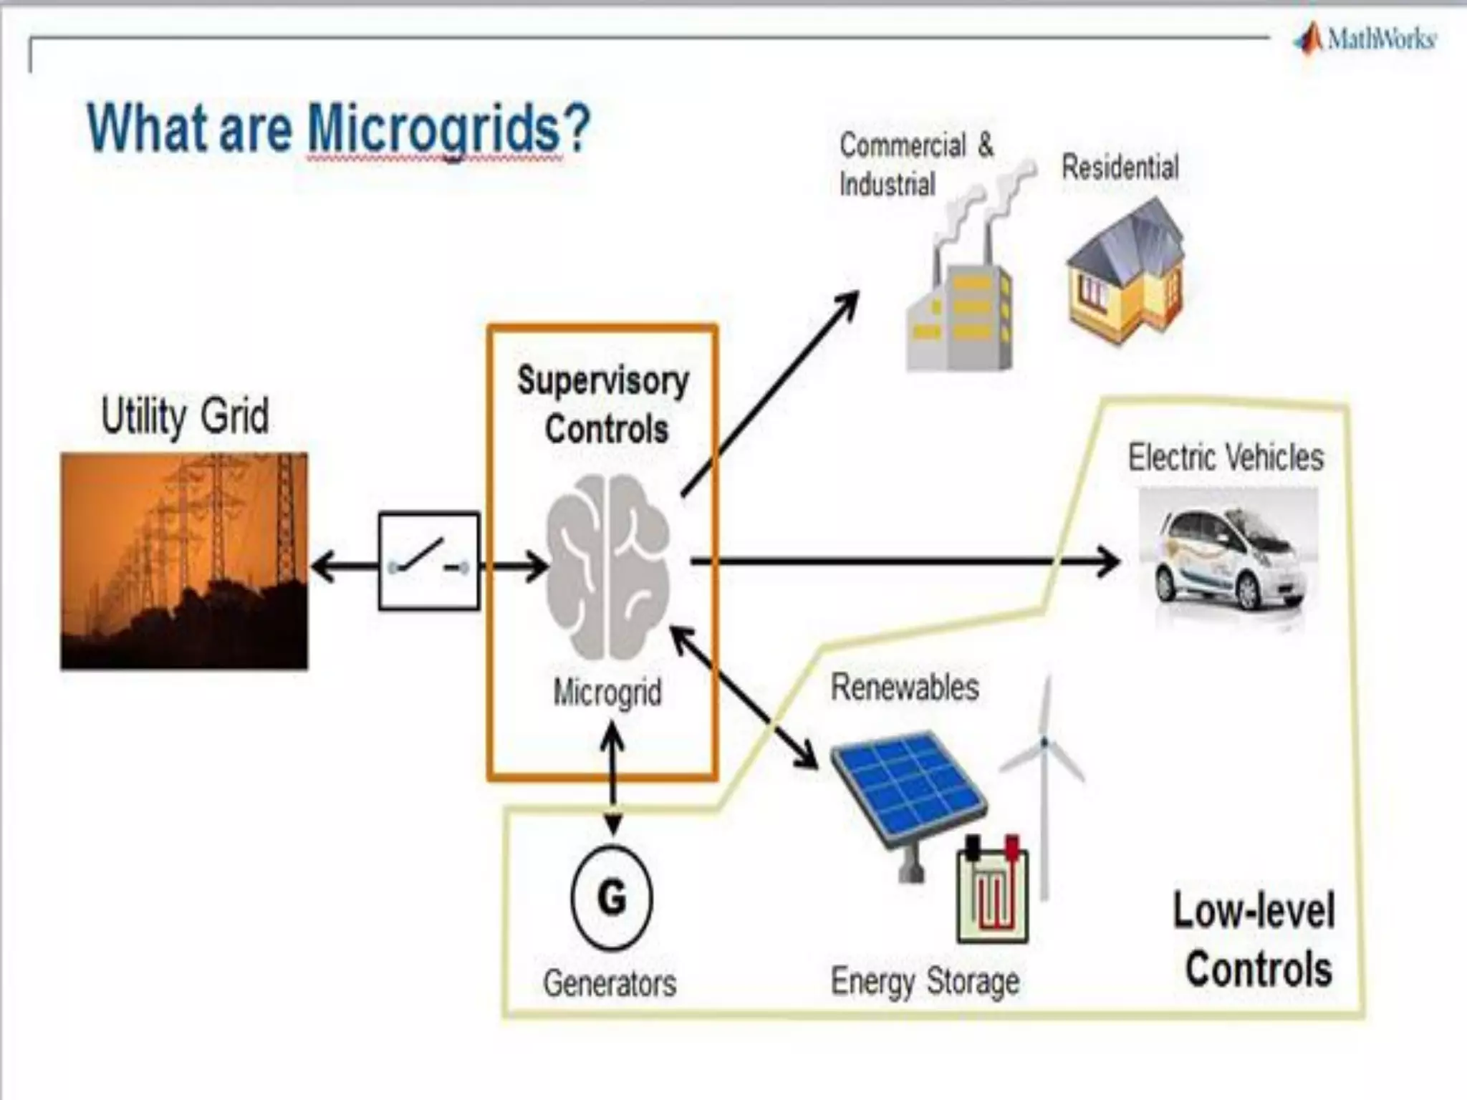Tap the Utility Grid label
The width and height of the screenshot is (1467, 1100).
click(185, 415)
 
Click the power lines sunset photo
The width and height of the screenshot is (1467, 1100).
click(184, 561)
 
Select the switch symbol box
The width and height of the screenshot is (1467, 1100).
click(428, 561)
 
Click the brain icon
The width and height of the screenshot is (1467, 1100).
click(607, 566)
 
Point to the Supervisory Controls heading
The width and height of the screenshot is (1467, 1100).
click(603, 405)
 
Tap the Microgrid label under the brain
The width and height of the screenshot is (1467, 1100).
click(607, 693)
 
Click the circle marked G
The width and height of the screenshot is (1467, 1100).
click(612, 898)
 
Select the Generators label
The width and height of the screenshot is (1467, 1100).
click(610, 983)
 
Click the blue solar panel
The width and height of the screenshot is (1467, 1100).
click(908, 788)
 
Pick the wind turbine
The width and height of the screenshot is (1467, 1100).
click(1044, 781)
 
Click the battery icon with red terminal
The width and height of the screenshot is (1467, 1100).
click(992, 892)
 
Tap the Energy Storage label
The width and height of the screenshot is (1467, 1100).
click(925, 981)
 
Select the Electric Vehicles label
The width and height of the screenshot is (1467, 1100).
click(1226, 458)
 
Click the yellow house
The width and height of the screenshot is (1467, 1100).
click(1125, 272)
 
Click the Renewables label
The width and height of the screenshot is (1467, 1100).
click(905, 687)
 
